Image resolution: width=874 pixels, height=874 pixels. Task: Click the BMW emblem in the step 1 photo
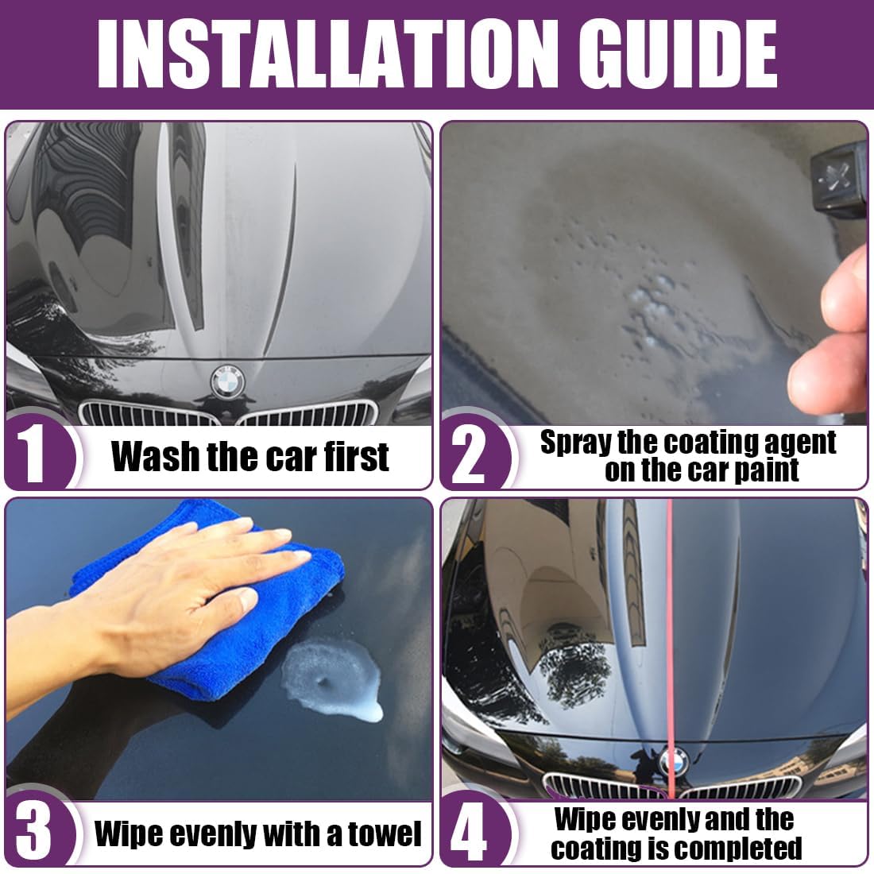[228, 382]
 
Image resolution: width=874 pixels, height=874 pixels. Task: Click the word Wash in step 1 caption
[156, 457]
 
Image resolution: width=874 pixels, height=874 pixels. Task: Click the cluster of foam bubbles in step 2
[649, 307]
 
